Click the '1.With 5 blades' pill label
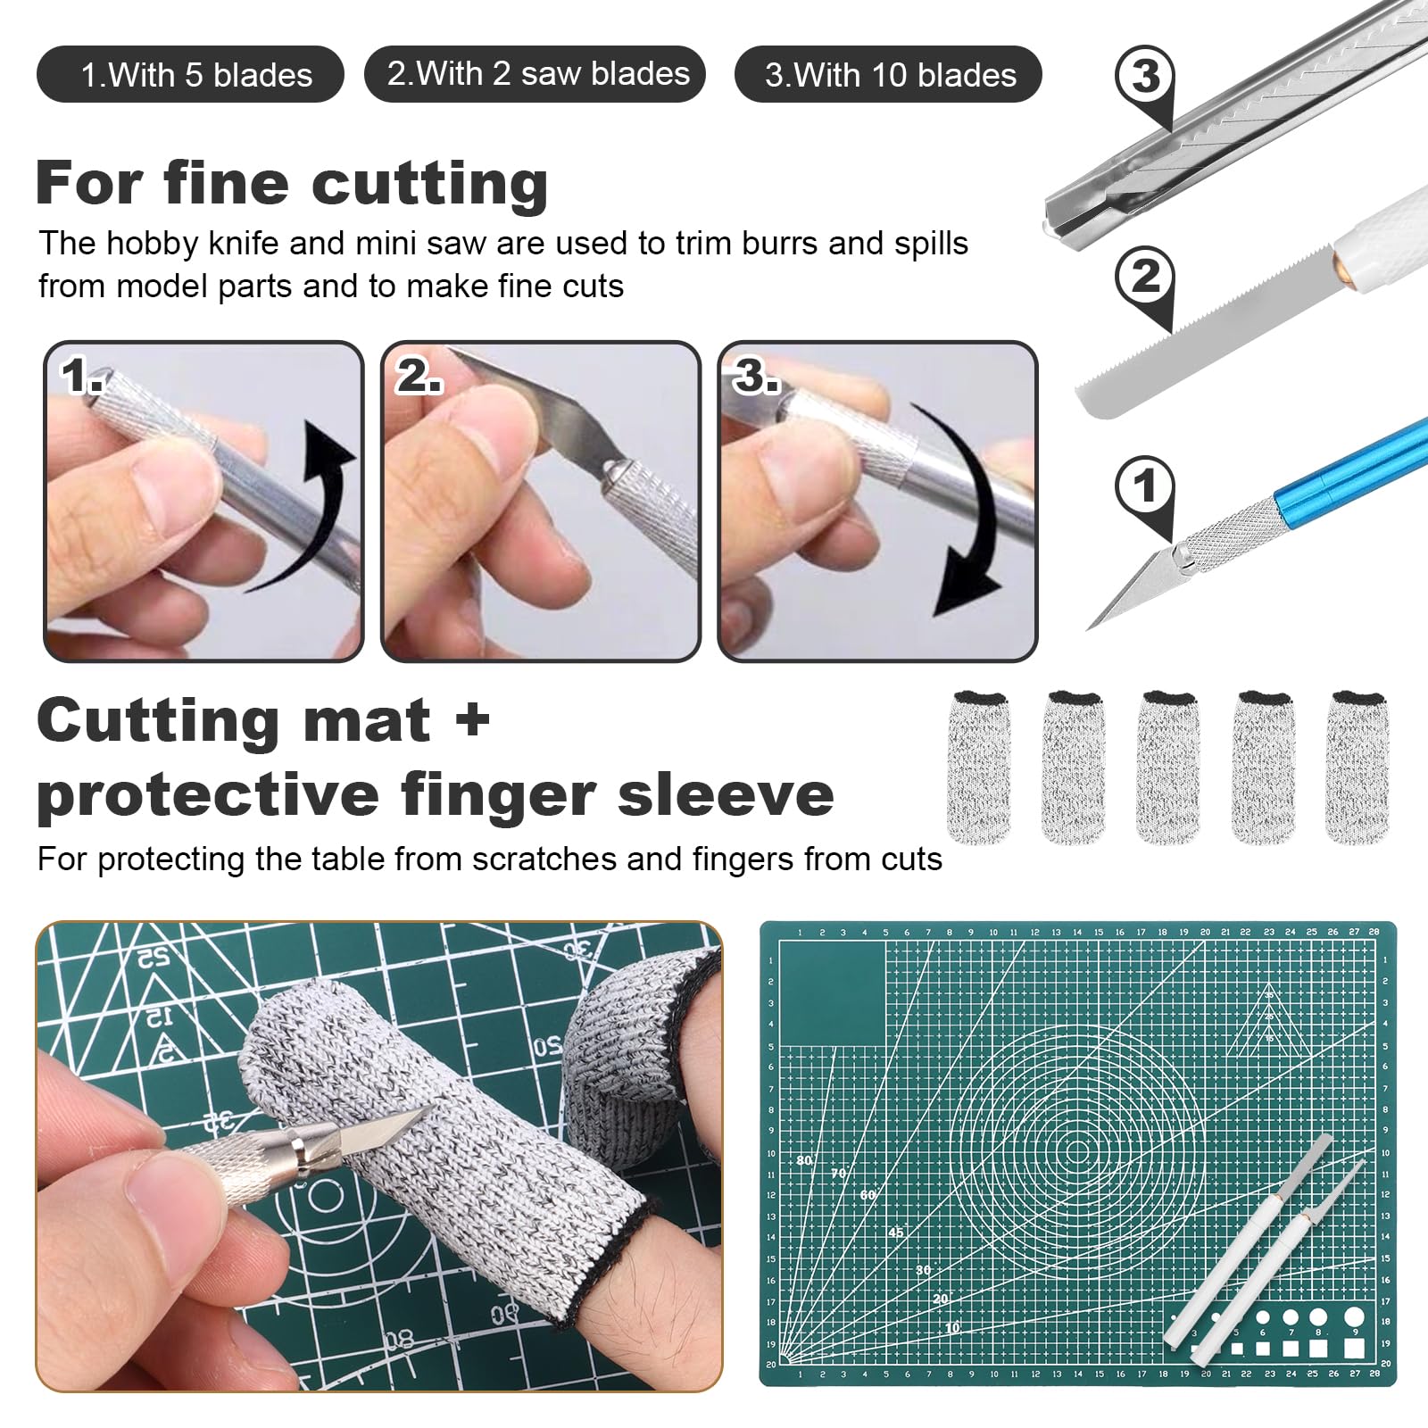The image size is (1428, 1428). tap(190, 74)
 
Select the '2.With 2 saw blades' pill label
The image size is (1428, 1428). tap(535, 73)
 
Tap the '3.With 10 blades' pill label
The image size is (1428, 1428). tap(888, 74)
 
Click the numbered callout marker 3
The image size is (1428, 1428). tap(1146, 80)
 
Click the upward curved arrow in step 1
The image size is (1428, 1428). tap(308, 504)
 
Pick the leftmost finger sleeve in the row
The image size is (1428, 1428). tap(978, 766)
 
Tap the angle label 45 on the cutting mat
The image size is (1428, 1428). tap(896, 1233)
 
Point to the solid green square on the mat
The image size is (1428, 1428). tap(833, 993)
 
